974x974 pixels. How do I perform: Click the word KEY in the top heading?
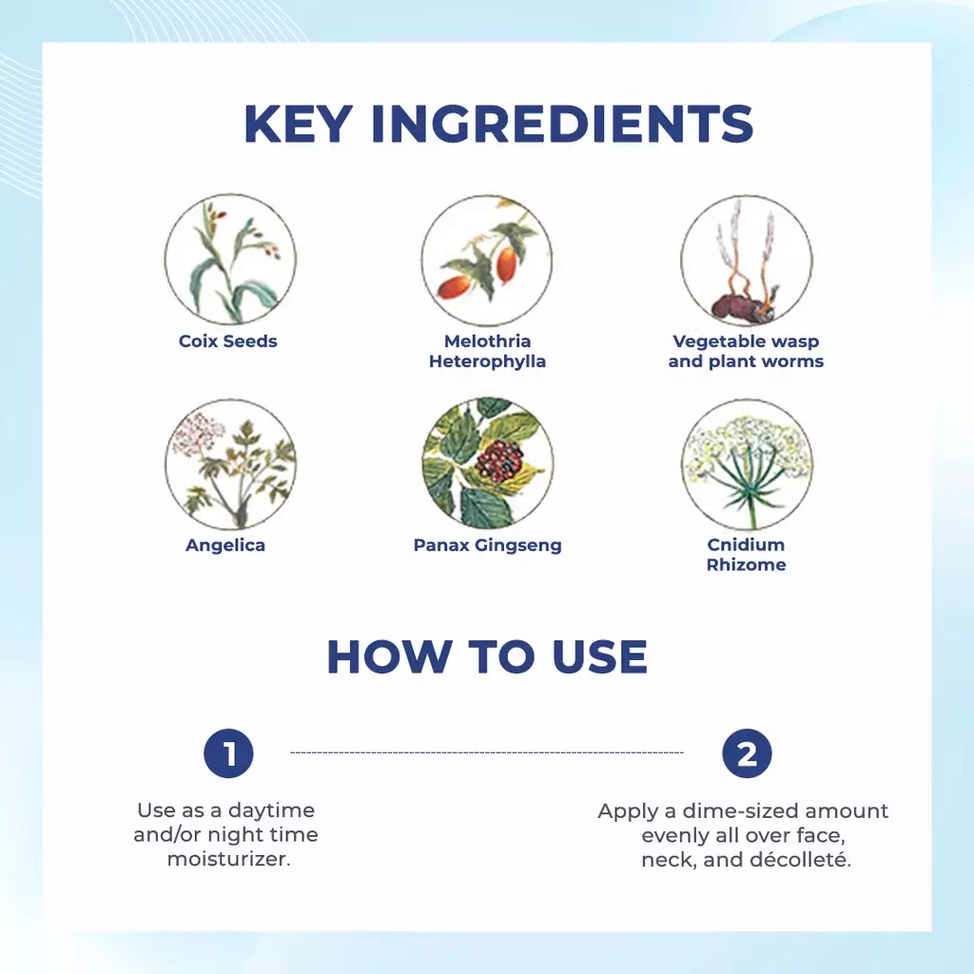[x=299, y=125]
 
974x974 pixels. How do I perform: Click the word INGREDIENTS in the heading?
[x=562, y=125]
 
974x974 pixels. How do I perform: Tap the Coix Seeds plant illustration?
[x=230, y=259]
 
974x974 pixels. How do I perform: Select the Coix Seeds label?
[x=228, y=341]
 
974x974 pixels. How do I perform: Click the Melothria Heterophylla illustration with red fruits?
[x=487, y=260]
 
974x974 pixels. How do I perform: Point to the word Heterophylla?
[x=488, y=361]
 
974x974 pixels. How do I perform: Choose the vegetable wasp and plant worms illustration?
[x=746, y=260]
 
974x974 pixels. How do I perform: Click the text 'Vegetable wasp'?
[x=746, y=341]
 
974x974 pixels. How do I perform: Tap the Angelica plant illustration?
[x=230, y=463]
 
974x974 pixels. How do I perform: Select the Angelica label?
[x=225, y=545]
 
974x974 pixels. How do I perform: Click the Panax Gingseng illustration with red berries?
[x=488, y=463]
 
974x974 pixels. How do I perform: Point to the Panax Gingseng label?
[x=488, y=545]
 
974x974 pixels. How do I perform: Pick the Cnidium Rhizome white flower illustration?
[x=747, y=463]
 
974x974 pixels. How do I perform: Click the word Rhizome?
[x=746, y=565]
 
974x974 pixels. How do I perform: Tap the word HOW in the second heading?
[x=389, y=656]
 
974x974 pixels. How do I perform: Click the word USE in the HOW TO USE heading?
[x=599, y=656]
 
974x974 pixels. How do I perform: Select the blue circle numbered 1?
[x=228, y=753]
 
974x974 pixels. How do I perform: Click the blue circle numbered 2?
[x=747, y=753]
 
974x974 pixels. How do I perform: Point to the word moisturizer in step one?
[x=227, y=859]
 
